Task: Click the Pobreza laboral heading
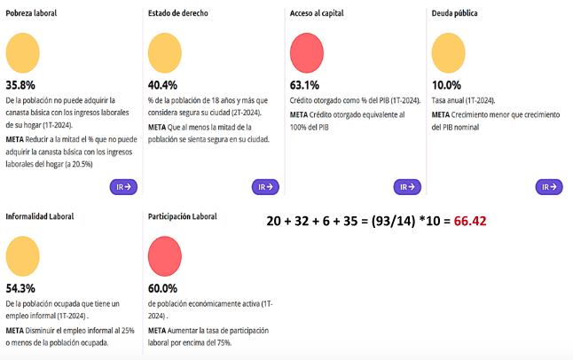pyautogui.click(x=31, y=14)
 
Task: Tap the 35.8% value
pyautogui.click(x=20, y=85)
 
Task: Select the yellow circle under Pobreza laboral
pyautogui.click(x=22, y=52)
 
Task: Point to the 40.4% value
pyautogui.click(x=162, y=85)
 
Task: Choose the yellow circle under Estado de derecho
pyautogui.click(x=165, y=52)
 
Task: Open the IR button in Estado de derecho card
pyautogui.click(x=265, y=187)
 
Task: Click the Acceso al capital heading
pyautogui.click(x=317, y=14)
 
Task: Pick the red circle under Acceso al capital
pyautogui.click(x=307, y=52)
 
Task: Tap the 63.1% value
pyautogui.click(x=304, y=85)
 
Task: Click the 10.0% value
pyautogui.click(x=446, y=85)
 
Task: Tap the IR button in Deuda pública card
pyautogui.click(x=549, y=187)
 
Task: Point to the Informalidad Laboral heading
pyautogui.click(x=40, y=216)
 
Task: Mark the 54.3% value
pyautogui.click(x=20, y=288)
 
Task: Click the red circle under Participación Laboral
pyautogui.click(x=165, y=255)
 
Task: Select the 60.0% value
pyautogui.click(x=162, y=288)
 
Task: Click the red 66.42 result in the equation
pyautogui.click(x=470, y=221)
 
